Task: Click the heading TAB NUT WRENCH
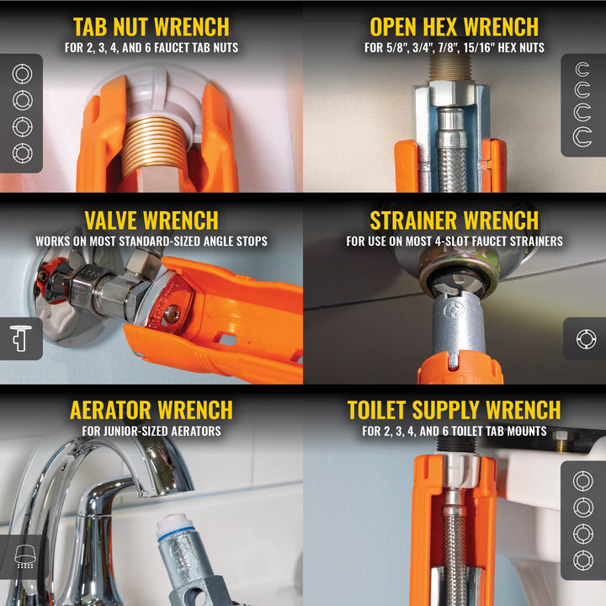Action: pos(151,26)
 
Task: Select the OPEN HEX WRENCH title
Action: pos(454,26)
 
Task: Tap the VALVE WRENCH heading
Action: pos(151,221)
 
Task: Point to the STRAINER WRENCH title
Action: pos(454,221)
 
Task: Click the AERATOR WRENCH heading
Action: pos(151,410)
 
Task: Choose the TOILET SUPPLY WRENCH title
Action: pos(454,410)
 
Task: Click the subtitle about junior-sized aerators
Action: pos(151,432)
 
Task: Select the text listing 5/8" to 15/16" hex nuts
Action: pos(454,48)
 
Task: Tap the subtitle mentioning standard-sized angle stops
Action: pos(151,242)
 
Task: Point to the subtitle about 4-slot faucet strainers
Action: pos(454,242)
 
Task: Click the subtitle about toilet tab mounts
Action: pos(454,432)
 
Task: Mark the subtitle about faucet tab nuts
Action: pos(151,48)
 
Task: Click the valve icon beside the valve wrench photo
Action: pos(20,338)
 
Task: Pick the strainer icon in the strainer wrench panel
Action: pos(585,338)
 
